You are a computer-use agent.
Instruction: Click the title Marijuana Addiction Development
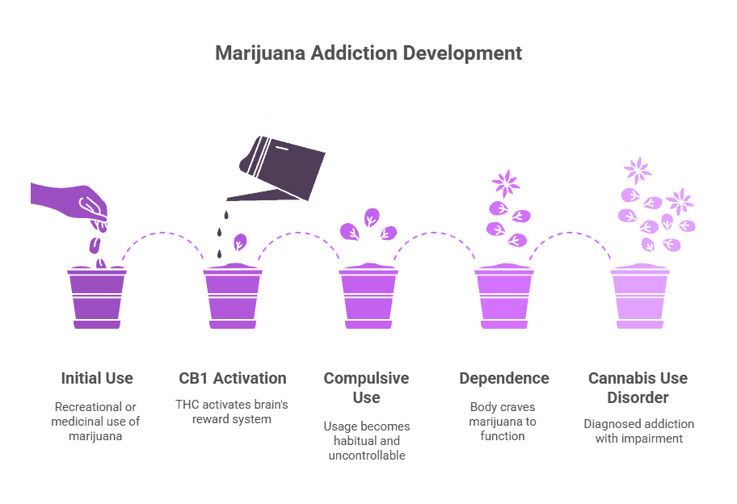point(368,54)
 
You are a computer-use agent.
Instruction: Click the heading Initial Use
point(96,378)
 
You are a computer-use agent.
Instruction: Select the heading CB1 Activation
point(233,378)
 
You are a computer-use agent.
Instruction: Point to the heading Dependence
point(504,378)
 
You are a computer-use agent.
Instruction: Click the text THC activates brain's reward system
point(233,411)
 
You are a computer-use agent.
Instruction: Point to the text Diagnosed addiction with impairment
point(638,431)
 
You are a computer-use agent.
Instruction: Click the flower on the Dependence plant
point(506,183)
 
